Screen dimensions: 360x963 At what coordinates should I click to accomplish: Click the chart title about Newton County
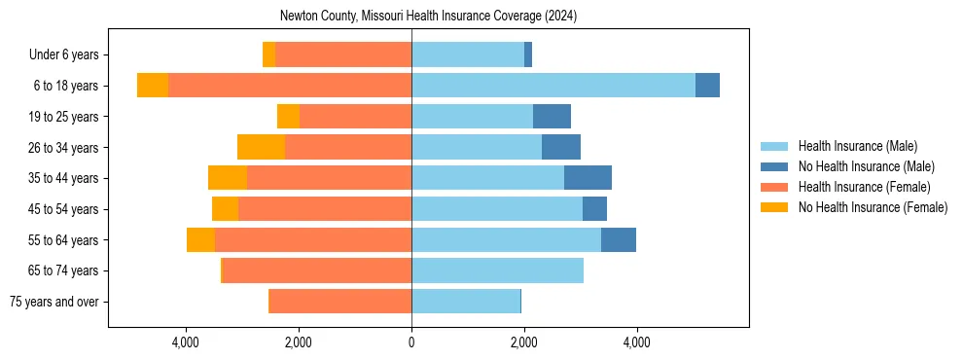pos(428,17)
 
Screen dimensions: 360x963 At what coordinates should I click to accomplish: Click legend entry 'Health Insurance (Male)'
pos(857,146)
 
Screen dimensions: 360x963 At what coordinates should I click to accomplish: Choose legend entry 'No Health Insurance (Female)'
pos(873,207)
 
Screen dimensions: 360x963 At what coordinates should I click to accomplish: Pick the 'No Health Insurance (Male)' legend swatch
pos(774,166)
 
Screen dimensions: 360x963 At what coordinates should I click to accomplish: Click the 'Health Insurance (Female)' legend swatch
pos(774,187)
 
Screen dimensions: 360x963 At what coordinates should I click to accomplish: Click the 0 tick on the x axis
pos(411,342)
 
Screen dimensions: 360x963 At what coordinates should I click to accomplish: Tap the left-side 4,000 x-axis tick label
pos(185,342)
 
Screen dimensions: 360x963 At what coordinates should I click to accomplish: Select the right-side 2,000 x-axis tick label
pos(523,342)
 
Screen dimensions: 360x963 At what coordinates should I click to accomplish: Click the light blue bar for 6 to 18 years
pos(553,86)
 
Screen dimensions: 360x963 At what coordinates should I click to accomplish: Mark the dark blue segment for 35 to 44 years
pos(588,178)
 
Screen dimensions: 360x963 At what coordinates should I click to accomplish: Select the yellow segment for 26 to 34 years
pos(261,147)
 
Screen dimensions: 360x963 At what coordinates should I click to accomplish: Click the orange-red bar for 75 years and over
pos(339,302)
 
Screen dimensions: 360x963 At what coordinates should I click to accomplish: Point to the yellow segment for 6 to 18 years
pos(153,86)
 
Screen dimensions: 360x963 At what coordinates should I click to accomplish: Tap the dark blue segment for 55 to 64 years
pos(619,239)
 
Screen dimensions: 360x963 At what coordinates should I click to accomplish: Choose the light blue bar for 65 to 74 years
pos(497,270)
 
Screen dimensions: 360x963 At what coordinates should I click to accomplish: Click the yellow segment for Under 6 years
pos(268,54)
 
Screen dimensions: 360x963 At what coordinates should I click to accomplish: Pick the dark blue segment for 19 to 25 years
pos(552,117)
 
